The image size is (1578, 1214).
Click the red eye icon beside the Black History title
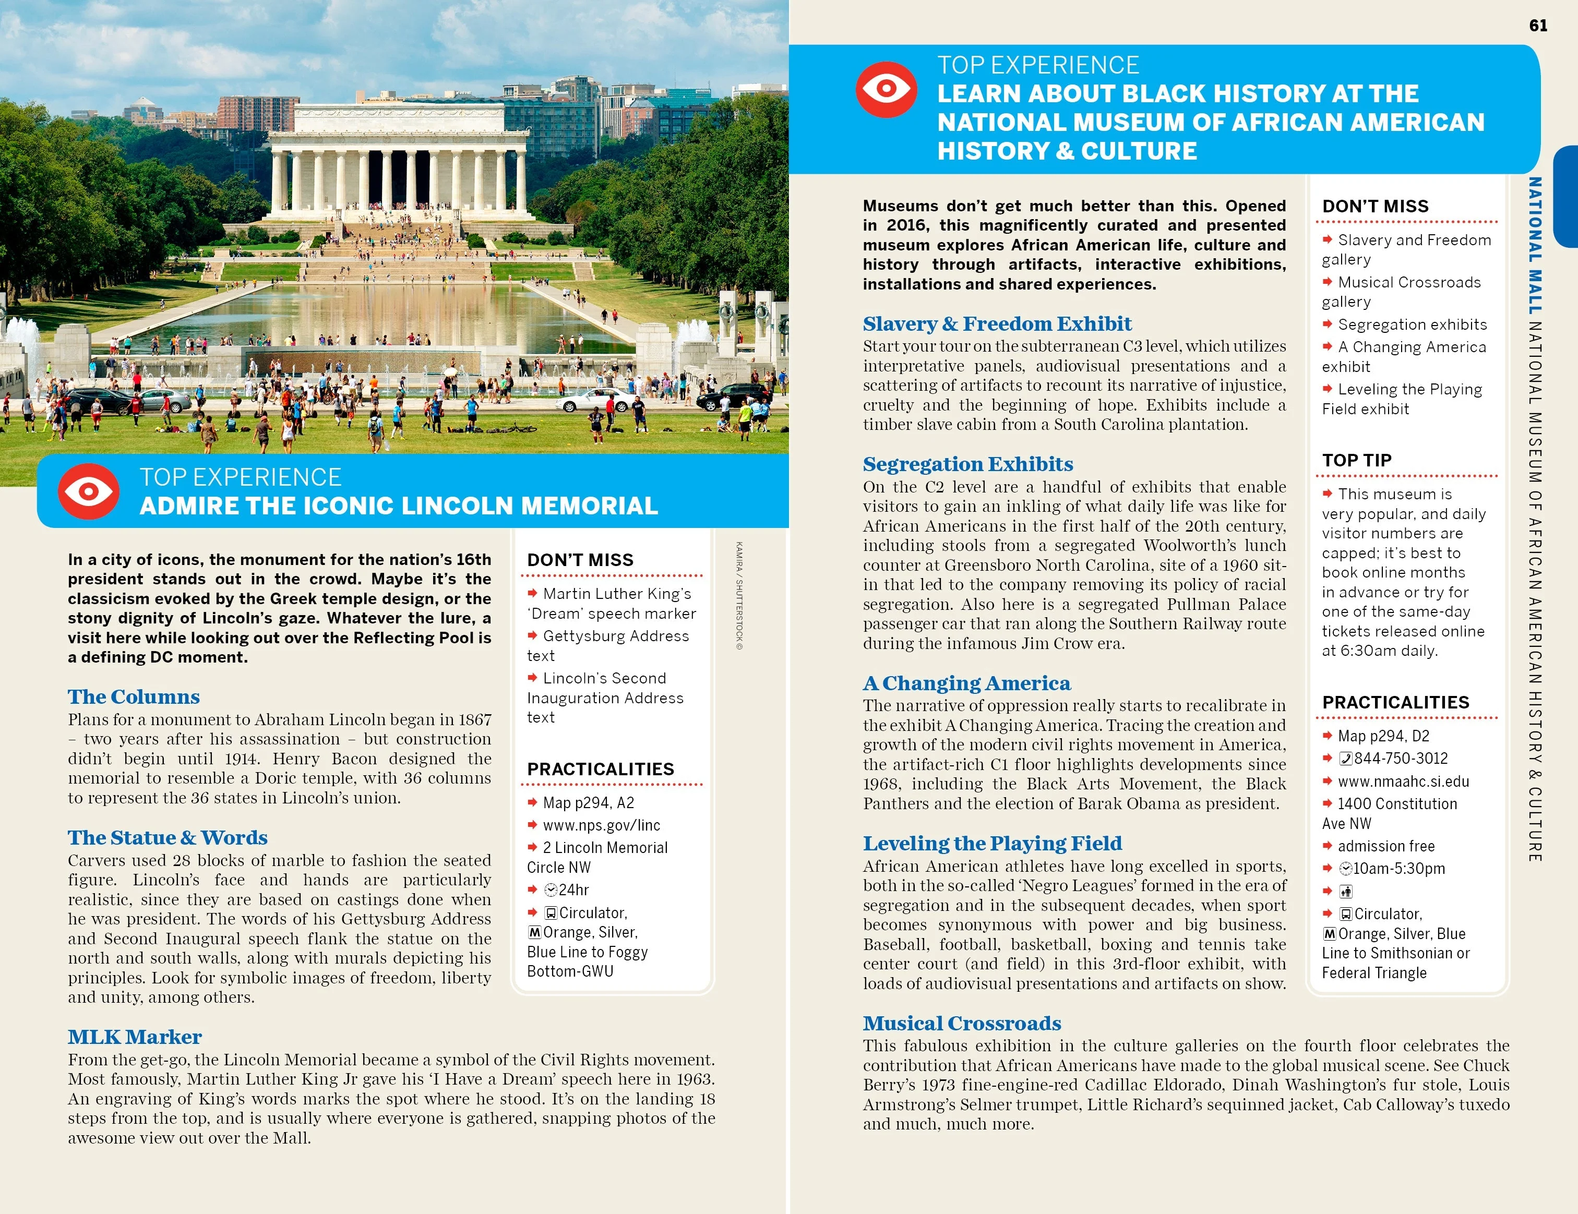pyautogui.click(x=887, y=90)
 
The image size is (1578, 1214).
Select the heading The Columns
pyautogui.click(x=134, y=697)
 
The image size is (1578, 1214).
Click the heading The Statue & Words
pyautogui.click(x=168, y=838)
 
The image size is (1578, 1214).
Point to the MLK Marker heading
pyautogui.click(x=135, y=1037)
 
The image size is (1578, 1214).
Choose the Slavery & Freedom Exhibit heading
pyautogui.click(x=997, y=323)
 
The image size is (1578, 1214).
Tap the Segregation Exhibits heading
pyautogui.click(x=967, y=464)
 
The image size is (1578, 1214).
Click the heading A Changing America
pyautogui.click(x=967, y=683)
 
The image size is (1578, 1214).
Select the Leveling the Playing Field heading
pyautogui.click(x=992, y=844)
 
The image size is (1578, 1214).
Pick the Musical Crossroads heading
pyautogui.click(x=962, y=1024)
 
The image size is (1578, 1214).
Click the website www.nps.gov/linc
pyautogui.click(x=601, y=825)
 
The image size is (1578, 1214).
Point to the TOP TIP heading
pyautogui.click(x=1356, y=461)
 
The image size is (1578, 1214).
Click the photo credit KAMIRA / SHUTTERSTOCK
pyautogui.click(x=739, y=596)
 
